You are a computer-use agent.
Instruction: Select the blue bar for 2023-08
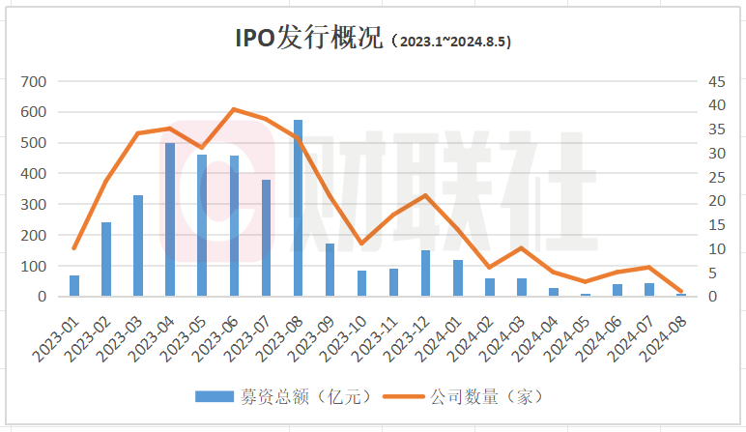click(298, 208)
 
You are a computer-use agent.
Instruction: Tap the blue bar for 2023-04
click(170, 219)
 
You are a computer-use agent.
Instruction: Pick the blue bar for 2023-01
click(74, 286)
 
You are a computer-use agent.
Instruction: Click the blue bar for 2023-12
click(425, 274)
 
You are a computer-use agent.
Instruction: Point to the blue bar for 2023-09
click(330, 270)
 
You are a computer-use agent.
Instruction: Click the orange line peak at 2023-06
click(234, 109)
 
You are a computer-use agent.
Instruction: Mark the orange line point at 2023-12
click(425, 195)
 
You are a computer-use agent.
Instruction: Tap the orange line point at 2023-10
click(361, 243)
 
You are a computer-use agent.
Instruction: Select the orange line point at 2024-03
click(521, 248)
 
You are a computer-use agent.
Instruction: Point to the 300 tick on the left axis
click(34, 205)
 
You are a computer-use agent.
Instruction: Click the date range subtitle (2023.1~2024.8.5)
click(452, 42)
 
